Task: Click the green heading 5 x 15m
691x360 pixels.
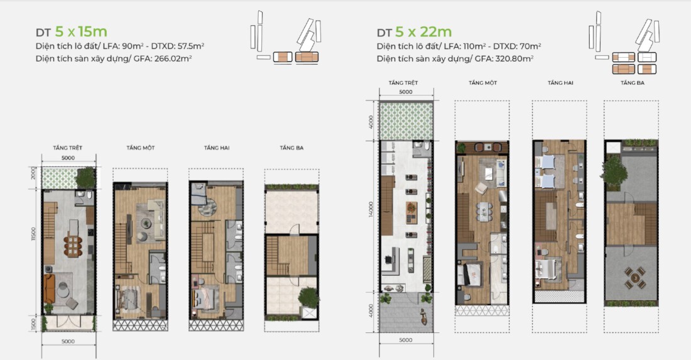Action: [x=81, y=31]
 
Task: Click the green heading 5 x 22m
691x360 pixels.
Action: [x=423, y=31]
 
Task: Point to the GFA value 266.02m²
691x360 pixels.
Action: [x=173, y=58]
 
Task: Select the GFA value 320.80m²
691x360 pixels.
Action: [x=514, y=58]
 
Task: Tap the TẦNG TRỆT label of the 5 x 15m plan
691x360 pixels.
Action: [x=68, y=148]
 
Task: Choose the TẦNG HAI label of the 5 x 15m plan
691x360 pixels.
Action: [x=217, y=148]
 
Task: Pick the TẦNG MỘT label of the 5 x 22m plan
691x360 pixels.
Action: [x=483, y=82]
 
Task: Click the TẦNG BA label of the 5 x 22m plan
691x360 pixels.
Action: [x=633, y=82]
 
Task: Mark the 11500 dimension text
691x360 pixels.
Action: [x=33, y=234]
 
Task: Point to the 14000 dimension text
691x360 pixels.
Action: [x=371, y=209]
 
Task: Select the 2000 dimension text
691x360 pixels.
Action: [x=33, y=173]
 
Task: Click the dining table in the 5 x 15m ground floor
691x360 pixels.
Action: [x=73, y=246]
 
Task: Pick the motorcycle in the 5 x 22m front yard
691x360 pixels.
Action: [x=423, y=317]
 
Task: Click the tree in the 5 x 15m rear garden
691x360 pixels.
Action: [x=85, y=178]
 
